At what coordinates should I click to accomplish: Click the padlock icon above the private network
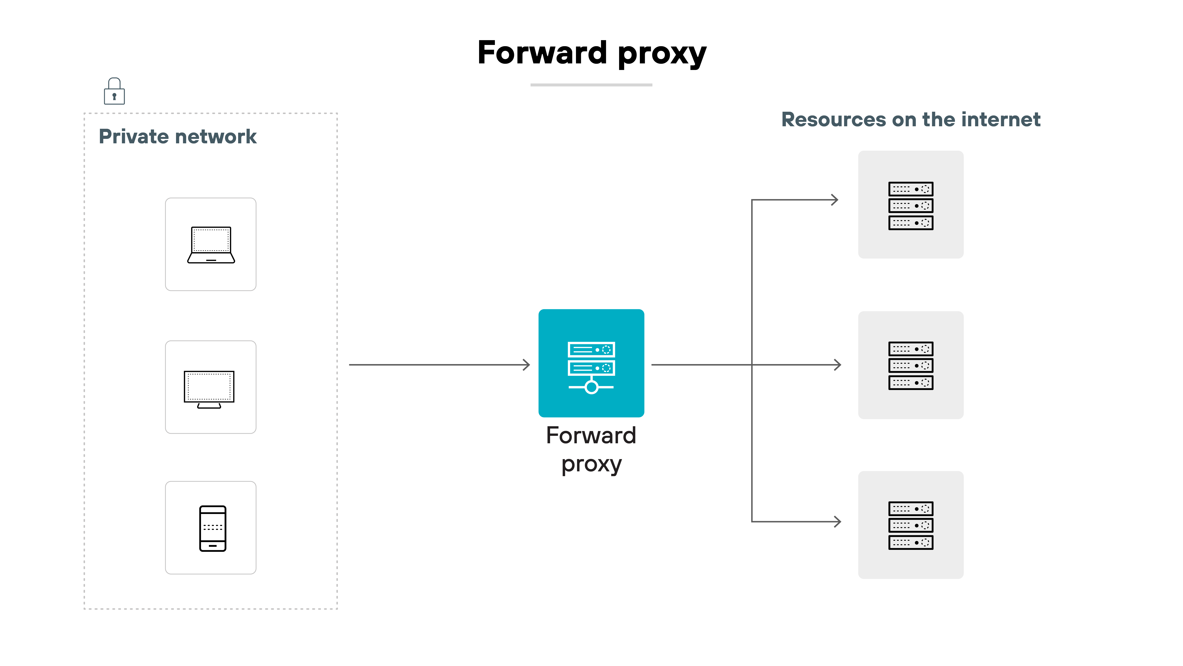pos(114,91)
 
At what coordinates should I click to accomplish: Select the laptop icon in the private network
pos(211,245)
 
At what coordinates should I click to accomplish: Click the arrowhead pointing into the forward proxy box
pos(527,365)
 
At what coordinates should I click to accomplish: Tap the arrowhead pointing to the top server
pos(835,200)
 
